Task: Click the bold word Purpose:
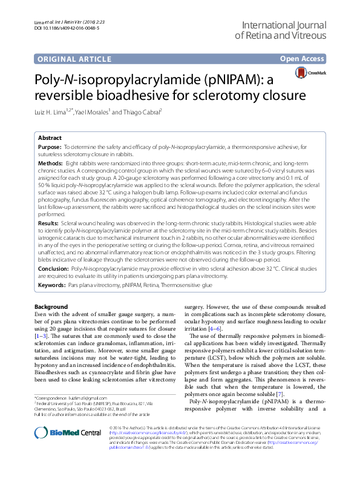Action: [50, 147]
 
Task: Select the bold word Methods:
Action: [51, 164]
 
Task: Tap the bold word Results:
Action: [50, 223]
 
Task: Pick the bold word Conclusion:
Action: [53, 267]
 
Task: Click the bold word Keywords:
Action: [52, 284]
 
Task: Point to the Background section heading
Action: [51, 308]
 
